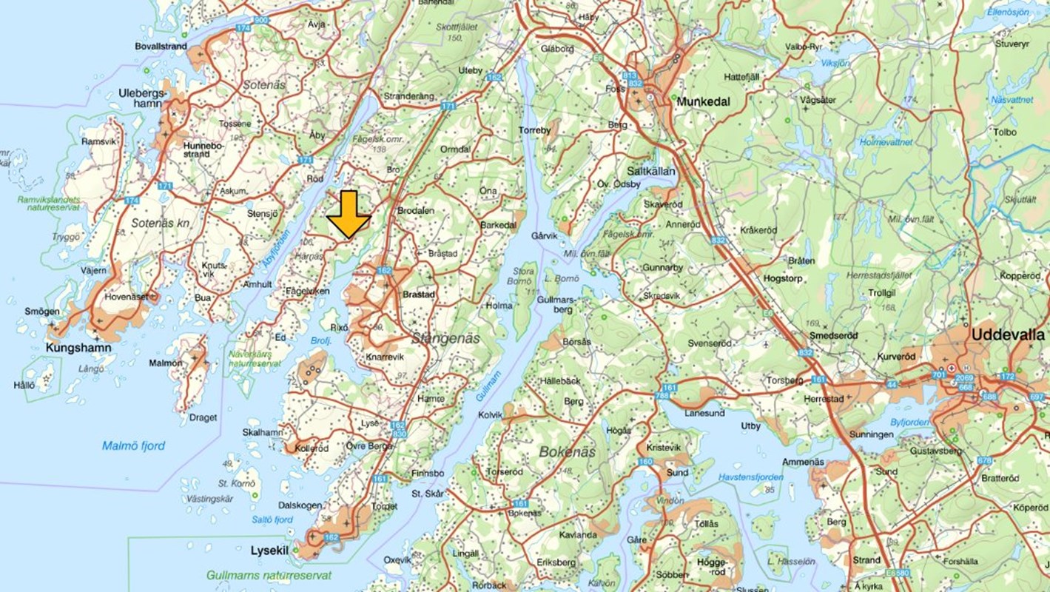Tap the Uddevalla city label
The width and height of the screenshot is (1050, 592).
click(x=1006, y=334)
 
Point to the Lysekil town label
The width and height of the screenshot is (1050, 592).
click(x=268, y=551)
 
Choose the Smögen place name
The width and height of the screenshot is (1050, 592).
click(x=41, y=312)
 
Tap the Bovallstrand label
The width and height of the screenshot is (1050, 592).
click(x=161, y=46)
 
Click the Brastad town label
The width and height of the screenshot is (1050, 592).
click(x=418, y=294)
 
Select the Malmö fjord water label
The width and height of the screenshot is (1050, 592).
click(x=133, y=445)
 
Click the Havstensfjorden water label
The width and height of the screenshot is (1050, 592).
click(x=751, y=477)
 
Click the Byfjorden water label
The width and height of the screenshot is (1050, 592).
click(x=909, y=423)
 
